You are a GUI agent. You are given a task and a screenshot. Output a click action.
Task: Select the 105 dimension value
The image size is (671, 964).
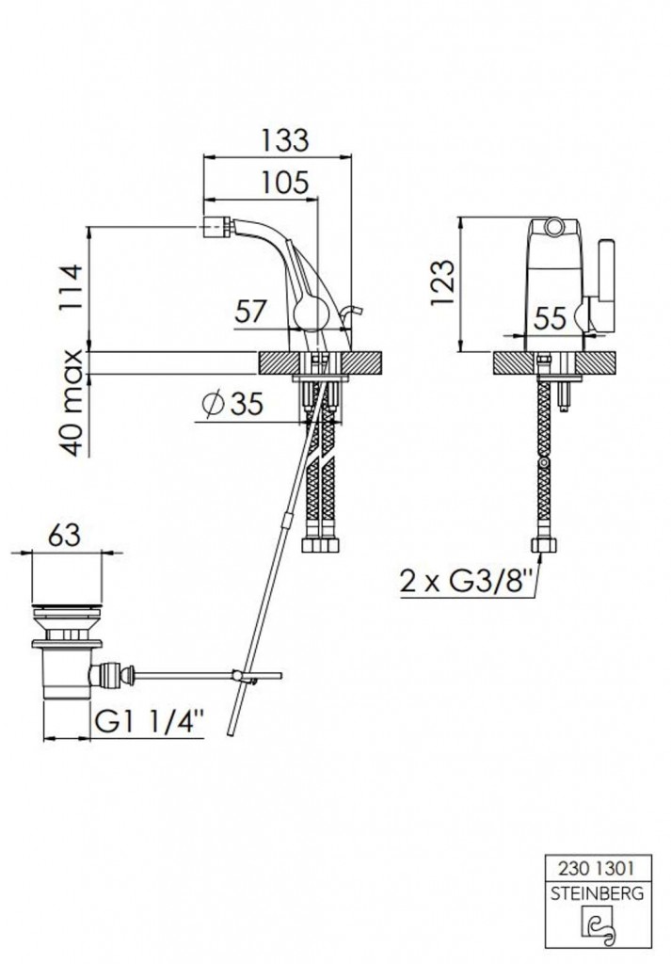[x=284, y=183]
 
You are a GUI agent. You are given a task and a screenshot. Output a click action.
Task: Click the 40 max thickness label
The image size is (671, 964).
[x=72, y=403]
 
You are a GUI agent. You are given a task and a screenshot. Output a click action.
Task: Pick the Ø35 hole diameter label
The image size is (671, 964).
[x=232, y=404]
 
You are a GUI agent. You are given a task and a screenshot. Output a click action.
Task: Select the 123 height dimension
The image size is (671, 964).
[x=443, y=283]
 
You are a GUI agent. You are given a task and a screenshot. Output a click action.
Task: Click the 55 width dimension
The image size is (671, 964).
[x=550, y=318]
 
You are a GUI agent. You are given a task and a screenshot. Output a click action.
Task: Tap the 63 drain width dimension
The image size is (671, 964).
[x=65, y=535]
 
